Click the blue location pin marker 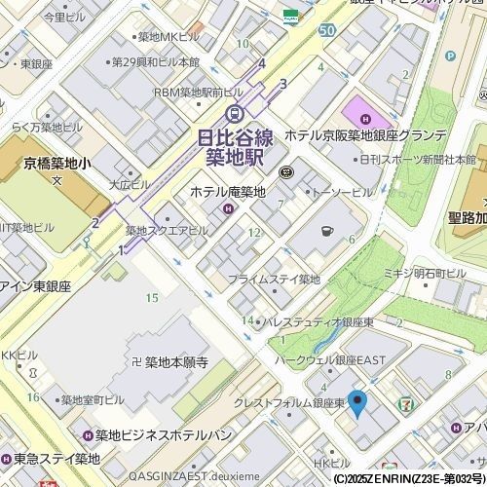coord(357,402)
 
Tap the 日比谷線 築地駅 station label coord(234,146)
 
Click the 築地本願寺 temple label coord(176,362)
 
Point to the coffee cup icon coord(326,231)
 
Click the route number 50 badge coord(326,30)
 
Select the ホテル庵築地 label coord(227,192)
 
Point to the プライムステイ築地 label coord(274,280)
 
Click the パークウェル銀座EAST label coord(330,359)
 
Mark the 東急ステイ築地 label coord(56,458)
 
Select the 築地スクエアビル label coord(166,231)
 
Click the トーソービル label coord(340,192)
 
